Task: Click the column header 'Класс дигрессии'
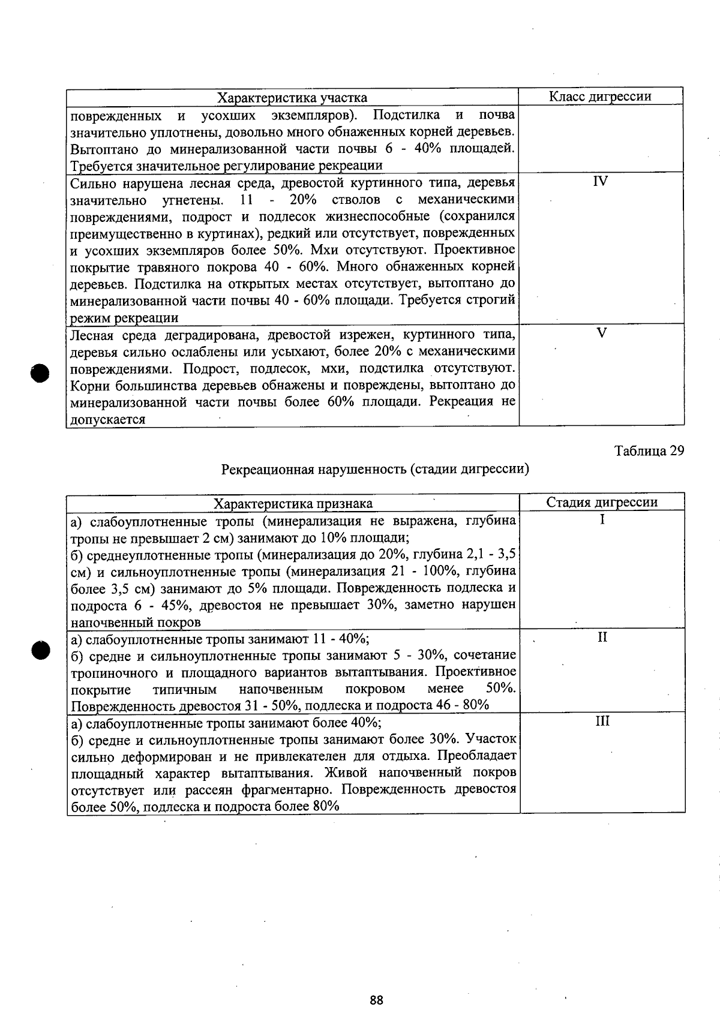[x=600, y=97]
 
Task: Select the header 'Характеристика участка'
[x=292, y=98]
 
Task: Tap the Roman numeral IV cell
[x=600, y=181]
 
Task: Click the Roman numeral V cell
[x=602, y=333]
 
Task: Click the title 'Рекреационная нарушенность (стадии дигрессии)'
[x=375, y=469]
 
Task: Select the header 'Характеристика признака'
[x=293, y=503]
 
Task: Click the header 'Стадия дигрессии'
[x=602, y=503]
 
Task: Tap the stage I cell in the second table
[x=602, y=520]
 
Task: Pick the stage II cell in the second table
[x=602, y=638]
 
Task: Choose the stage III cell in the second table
[x=602, y=722]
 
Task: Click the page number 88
[x=376, y=1000]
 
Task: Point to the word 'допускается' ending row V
[x=107, y=420]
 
